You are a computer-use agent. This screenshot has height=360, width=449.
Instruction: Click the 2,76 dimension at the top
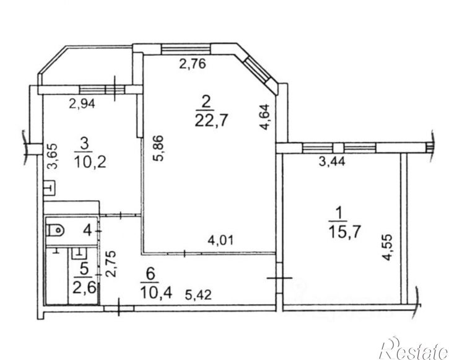(x=193, y=64)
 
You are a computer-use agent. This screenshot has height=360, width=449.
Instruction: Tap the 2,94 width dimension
(x=82, y=103)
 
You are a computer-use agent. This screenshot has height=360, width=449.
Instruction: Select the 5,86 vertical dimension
(x=158, y=148)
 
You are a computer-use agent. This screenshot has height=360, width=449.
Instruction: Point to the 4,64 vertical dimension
(x=264, y=117)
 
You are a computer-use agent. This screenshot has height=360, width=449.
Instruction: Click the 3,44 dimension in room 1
(x=332, y=161)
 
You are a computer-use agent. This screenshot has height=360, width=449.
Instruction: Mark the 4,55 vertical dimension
(x=387, y=248)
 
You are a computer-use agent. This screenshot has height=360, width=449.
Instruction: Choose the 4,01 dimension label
(x=220, y=240)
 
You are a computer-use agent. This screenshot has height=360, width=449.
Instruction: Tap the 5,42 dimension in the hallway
(x=198, y=295)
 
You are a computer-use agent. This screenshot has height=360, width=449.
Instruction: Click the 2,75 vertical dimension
(x=111, y=264)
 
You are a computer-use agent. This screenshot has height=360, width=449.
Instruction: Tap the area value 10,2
(x=90, y=162)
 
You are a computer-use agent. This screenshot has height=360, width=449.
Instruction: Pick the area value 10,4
(x=156, y=292)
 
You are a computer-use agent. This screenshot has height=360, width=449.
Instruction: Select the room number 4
(x=87, y=230)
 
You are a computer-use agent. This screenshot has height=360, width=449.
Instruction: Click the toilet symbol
(x=55, y=230)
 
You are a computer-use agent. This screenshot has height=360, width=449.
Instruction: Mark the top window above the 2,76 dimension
(x=186, y=49)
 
